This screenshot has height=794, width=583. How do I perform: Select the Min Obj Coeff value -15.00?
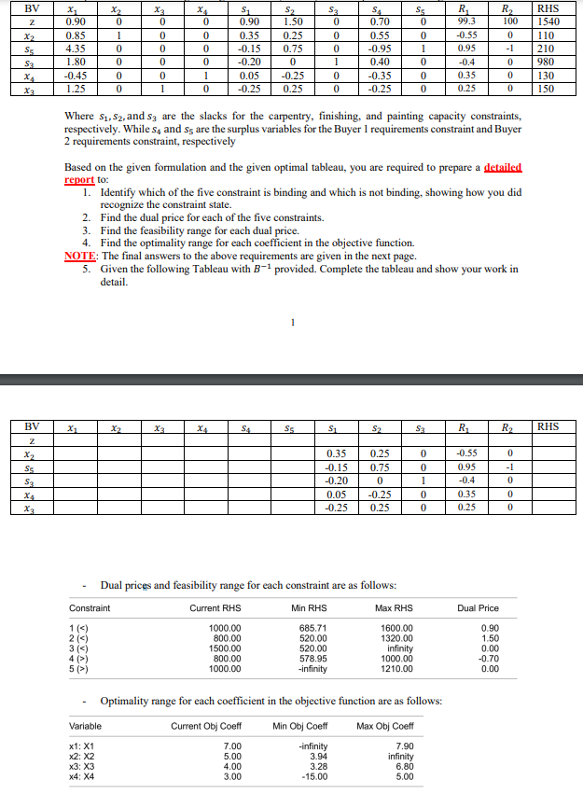[299, 774]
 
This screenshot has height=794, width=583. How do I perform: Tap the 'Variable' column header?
[86, 725]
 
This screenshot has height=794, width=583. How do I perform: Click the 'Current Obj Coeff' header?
[206, 725]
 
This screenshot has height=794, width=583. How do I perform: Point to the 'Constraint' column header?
[90, 607]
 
